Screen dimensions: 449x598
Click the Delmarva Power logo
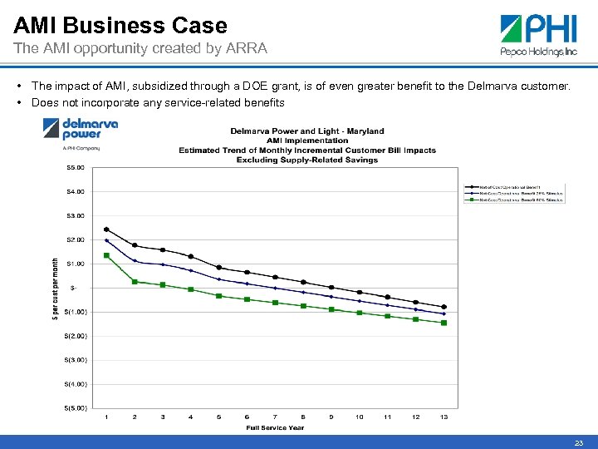pos(80,132)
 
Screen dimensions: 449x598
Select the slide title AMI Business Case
pos(120,25)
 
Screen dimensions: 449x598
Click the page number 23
pos(578,443)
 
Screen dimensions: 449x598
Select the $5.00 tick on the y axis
pos(76,167)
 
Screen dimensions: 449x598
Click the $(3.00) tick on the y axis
pos(75,360)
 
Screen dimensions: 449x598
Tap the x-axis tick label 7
pos(275,417)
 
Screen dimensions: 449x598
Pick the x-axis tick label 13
pos(444,417)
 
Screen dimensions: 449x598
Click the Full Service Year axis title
pos(275,427)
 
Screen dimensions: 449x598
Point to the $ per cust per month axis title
pos(56,288)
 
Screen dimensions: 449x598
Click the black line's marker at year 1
pos(106,229)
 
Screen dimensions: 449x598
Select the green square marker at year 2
pos(135,282)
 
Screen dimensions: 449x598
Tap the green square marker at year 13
pos(444,323)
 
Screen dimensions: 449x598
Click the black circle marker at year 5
pos(218,268)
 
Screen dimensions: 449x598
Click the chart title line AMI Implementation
pos(306,141)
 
